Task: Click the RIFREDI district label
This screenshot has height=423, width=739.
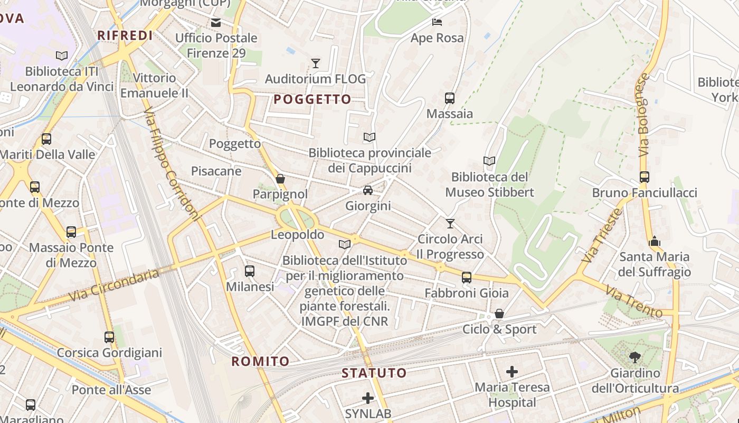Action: pos(125,35)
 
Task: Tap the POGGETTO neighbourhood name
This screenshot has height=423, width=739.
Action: pos(312,99)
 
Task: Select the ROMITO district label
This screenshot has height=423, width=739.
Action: pos(261,362)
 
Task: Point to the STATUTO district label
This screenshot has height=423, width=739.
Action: pos(374,373)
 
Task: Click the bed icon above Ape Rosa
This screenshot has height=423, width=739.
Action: pos(437,22)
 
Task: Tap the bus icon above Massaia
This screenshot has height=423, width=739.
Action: pos(450,98)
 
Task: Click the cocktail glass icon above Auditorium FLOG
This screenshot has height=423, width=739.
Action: pos(316,63)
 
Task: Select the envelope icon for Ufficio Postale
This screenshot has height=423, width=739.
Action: pos(216,22)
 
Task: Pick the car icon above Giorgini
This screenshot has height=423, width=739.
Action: pos(368,190)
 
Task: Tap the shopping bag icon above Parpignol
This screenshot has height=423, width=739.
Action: pos(280,179)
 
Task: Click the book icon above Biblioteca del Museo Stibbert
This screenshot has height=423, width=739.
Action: pos(489,161)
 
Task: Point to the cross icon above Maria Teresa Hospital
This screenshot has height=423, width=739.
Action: pos(511,372)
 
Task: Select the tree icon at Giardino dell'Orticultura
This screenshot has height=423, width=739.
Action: pos(635,357)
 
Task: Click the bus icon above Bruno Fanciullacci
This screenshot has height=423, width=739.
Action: pos(644,177)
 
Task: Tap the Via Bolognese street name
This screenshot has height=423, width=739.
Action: pos(643,115)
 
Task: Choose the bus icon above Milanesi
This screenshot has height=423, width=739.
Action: pos(250,271)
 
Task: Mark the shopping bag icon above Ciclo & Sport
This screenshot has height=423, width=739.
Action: pos(499,314)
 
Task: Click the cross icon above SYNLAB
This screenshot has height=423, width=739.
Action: pos(368,398)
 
